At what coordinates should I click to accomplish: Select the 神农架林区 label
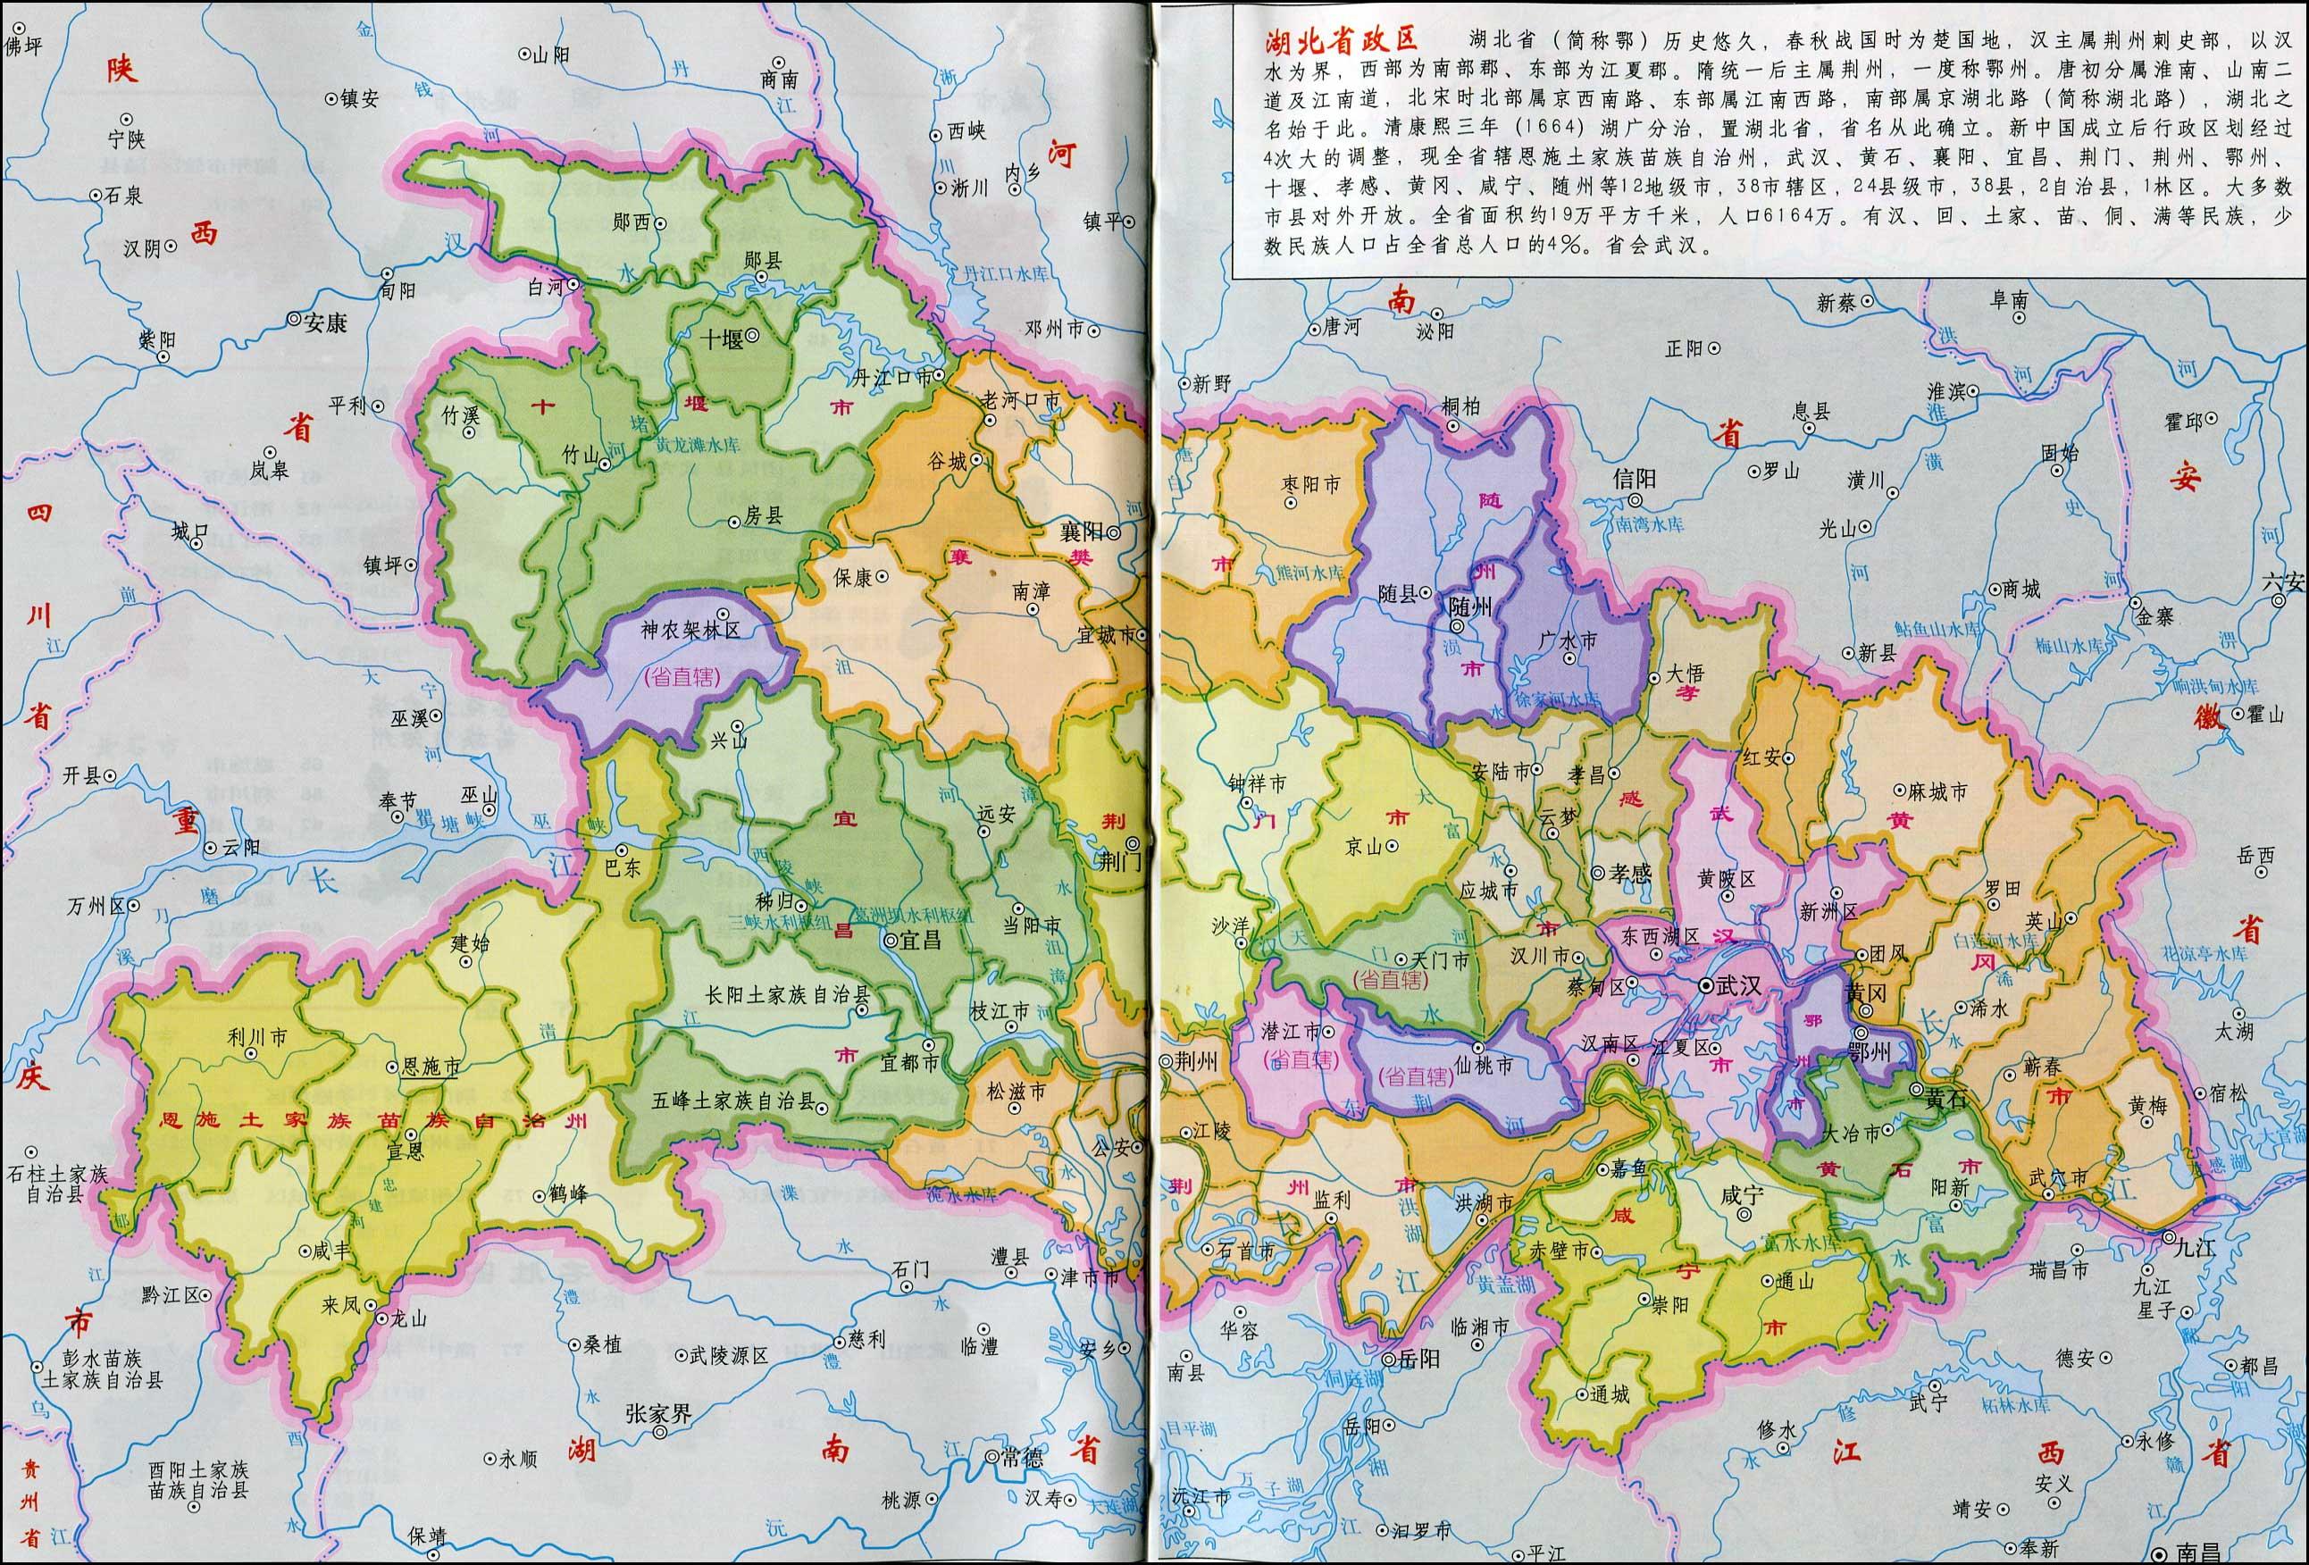tap(690, 630)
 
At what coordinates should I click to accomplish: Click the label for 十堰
tap(722, 339)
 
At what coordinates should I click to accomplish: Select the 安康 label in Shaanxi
tap(325, 322)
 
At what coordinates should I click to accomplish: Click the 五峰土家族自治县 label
tap(733, 1102)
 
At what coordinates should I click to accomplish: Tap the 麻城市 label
tap(1937, 792)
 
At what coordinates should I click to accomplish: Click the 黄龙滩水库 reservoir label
tap(698, 446)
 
